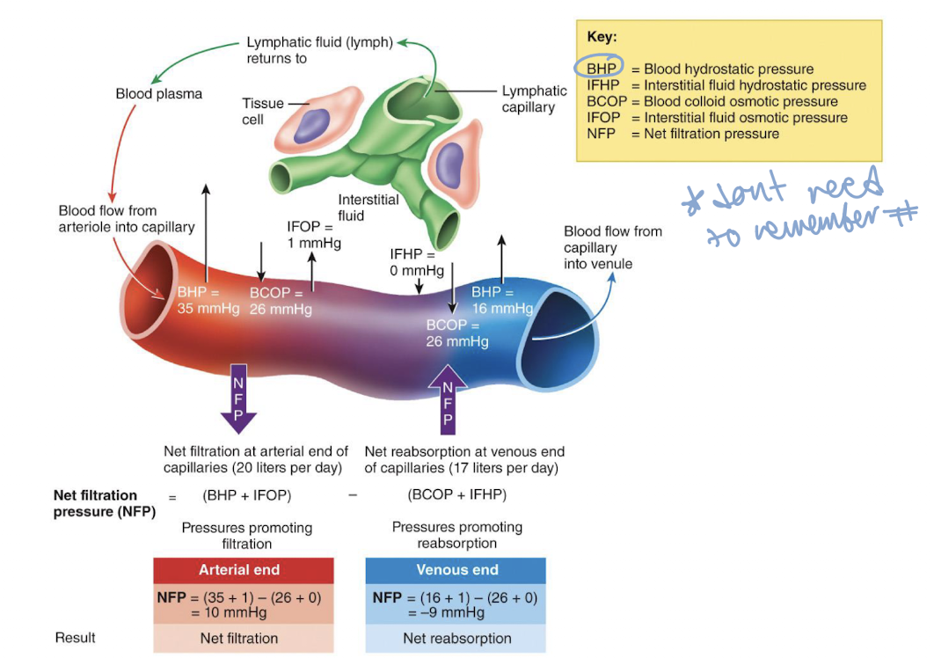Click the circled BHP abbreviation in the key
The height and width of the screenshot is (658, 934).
(x=600, y=69)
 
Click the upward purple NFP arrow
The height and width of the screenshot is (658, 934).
(x=447, y=398)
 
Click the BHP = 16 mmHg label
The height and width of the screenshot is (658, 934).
(x=501, y=300)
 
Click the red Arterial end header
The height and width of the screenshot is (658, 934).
(x=244, y=569)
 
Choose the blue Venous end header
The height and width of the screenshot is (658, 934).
(x=456, y=569)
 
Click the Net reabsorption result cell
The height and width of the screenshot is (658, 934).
(x=456, y=638)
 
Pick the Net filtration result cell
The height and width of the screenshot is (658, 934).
(x=244, y=638)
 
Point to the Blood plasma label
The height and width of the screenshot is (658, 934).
(x=159, y=94)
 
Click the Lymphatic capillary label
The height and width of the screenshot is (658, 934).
(x=534, y=99)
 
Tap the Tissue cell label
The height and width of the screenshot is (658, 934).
(x=263, y=111)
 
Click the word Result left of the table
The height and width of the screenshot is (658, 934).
(x=75, y=637)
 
